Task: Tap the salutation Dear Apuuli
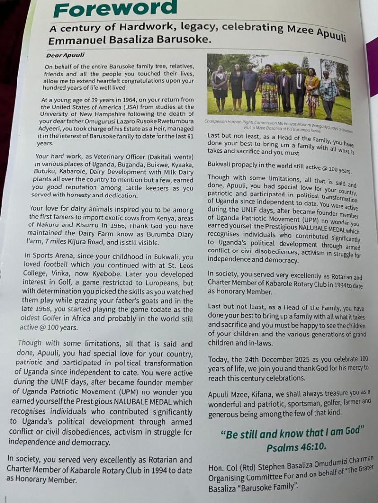click(x=65, y=56)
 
